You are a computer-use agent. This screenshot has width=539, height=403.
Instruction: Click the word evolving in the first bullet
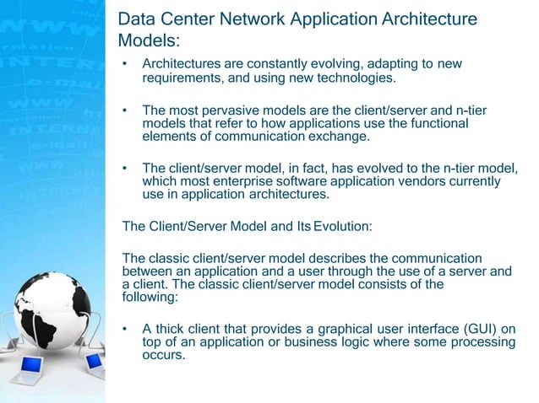(x=322, y=65)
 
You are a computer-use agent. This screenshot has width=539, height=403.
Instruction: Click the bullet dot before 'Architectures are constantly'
(x=125, y=65)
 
